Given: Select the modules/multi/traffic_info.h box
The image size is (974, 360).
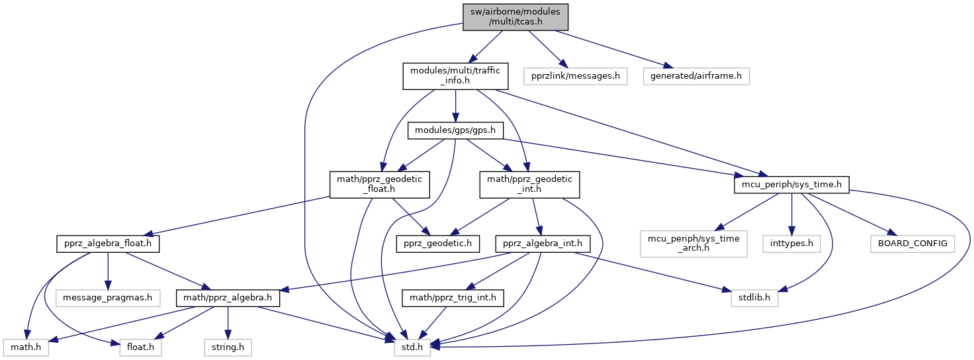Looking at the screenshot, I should (x=455, y=75).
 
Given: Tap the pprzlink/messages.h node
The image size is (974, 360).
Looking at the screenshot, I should (x=575, y=75).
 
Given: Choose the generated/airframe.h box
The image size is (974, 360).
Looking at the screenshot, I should (x=696, y=75).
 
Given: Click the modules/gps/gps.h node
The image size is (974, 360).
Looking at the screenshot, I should (x=455, y=130).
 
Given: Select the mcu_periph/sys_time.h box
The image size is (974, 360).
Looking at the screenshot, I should (x=791, y=184).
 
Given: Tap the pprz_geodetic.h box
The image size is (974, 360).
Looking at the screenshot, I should (x=437, y=244).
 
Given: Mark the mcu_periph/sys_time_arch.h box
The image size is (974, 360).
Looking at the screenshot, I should (x=693, y=244).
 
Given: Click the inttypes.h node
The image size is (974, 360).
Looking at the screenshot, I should (x=791, y=244).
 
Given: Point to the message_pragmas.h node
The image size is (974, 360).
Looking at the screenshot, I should (x=107, y=298).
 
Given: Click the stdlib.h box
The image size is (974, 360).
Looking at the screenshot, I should (x=754, y=298).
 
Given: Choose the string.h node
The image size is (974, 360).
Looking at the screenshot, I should (x=227, y=345).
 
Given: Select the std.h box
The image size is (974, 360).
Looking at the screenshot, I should (x=412, y=345).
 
